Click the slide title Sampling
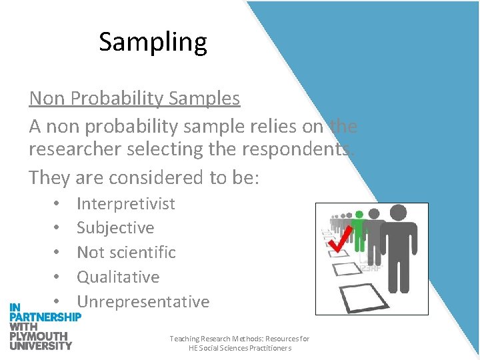pyautogui.click(x=153, y=42)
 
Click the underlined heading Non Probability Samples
pyautogui.click(x=134, y=99)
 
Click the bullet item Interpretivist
pyautogui.click(x=125, y=203)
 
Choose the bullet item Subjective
pyautogui.click(x=115, y=228)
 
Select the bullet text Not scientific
pyautogui.click(x=126, y=253)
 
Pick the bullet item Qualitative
pyautogui.click(x=118, y=277)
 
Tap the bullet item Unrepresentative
pyautogui.click(x=143, y=301)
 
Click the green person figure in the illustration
pyautogui.click(x=360, y=230)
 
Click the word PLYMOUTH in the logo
pyautogui.click(x=38, y=336)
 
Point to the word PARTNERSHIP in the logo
pyautogui.click(x=45, y=317)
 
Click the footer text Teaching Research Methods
pyautogui.click(x=239, y=339)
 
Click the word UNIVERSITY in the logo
pyautogui.click(x=41, y=345)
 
